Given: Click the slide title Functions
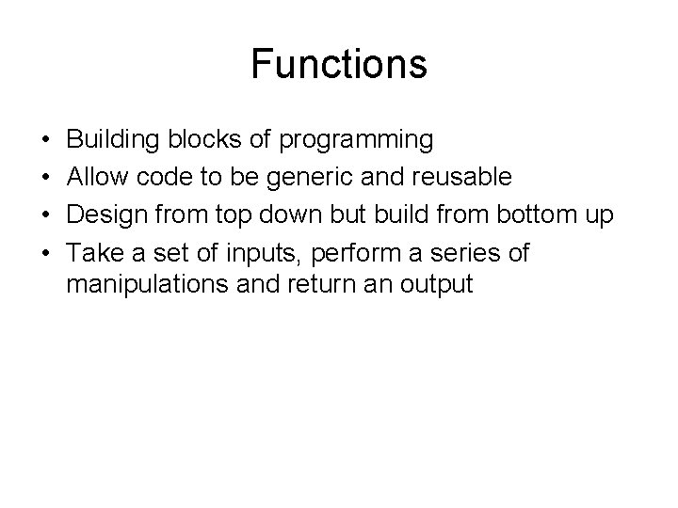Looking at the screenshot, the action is point(339,65).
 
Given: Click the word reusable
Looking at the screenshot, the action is point(454,178).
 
